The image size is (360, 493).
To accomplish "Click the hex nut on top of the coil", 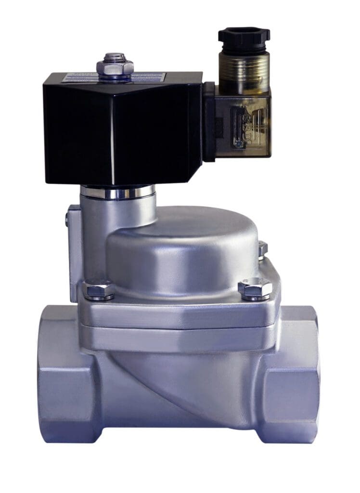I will [x=115, y=65].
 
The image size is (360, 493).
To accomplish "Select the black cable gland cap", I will [x=244, y=39].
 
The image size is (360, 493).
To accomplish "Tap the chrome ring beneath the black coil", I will [x=117, y=192].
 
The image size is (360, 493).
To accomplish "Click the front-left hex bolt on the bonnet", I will [x=99, y=289].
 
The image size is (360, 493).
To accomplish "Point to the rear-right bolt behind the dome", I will [x=262, y=249].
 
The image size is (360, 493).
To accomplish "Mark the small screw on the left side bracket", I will [x=67, y=221].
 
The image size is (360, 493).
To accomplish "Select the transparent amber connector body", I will [x=245, y=123].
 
